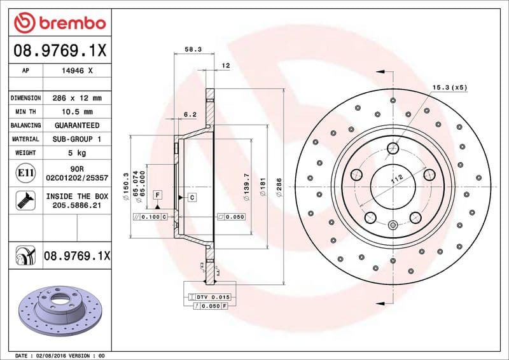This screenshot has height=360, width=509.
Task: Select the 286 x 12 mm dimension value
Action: pos(76,98)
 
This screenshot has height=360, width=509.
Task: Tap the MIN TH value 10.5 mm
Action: pos(76,112)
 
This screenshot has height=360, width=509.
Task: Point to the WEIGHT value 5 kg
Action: pos(76,153)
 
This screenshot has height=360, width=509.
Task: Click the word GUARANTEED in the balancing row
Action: pos(76,125)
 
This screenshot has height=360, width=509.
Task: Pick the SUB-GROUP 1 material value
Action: pos(76,139)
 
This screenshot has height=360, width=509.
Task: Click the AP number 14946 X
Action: pos(76,71)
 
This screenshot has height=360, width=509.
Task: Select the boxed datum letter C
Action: pos(192,198)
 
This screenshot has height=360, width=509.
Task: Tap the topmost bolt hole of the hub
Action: pos(393,149)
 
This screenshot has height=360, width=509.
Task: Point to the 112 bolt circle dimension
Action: pos(397,181)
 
